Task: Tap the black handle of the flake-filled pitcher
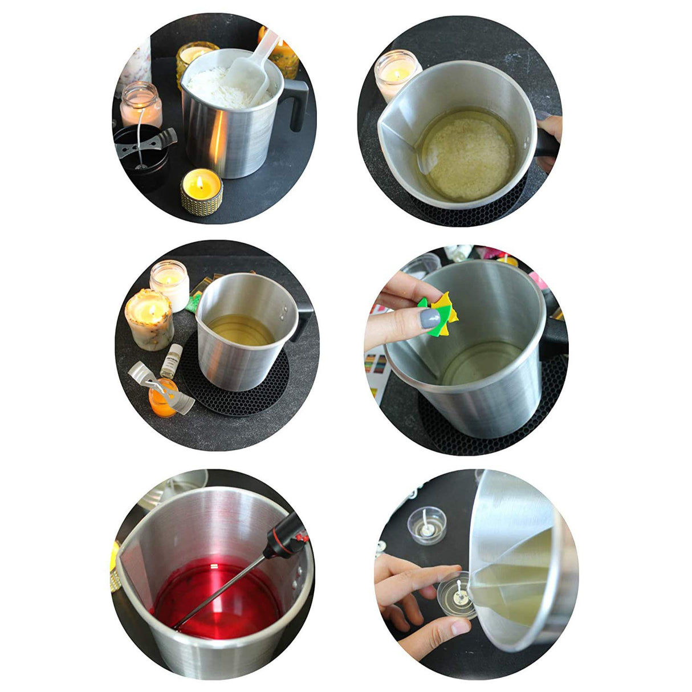click(x=298, y=106)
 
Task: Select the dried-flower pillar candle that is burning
click(x=149, y=319)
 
